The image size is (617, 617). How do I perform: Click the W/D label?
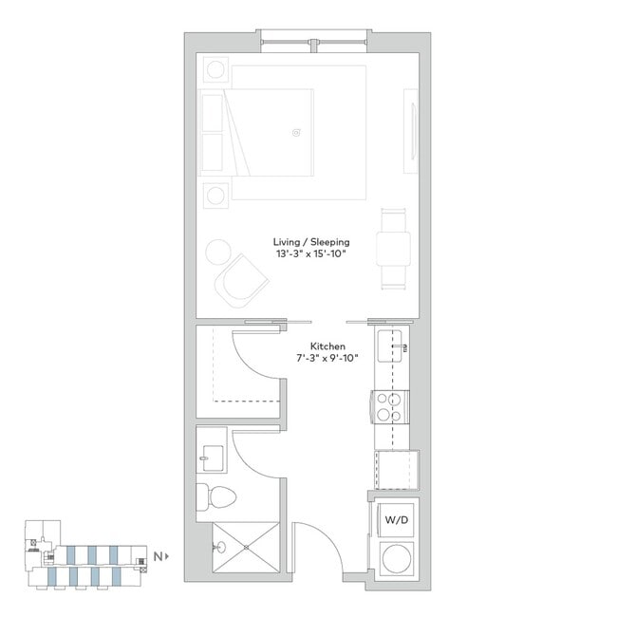tap(396, 520)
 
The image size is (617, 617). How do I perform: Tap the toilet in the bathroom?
tap(215, 497)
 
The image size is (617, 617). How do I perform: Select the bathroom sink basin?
tap(213, 458)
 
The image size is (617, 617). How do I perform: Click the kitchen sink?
tap(389, 346)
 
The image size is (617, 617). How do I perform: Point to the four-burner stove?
tap(389, 407)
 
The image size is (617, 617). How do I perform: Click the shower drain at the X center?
tap(246, 548)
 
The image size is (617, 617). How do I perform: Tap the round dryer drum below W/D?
tap(397, 558)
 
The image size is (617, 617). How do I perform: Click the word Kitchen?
tap(327, 346)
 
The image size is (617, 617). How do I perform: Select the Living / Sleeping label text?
tap(311, 242)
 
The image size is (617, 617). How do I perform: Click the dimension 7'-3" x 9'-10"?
tap(327, 359)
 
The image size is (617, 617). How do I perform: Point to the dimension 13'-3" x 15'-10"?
tap(310, 253)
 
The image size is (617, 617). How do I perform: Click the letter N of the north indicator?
tap(158, 556)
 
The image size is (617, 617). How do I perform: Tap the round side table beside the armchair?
tap(218, 252)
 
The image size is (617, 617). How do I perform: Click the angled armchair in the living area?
tap(241, 281)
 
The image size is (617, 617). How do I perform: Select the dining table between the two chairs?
tap(393, 249)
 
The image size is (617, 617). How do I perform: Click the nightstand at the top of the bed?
tap(215, 69)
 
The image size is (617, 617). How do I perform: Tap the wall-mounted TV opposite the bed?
tap(411, 131)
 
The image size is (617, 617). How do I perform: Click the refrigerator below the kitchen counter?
tap(396, 470)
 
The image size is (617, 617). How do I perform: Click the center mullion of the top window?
tap(313, 46)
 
